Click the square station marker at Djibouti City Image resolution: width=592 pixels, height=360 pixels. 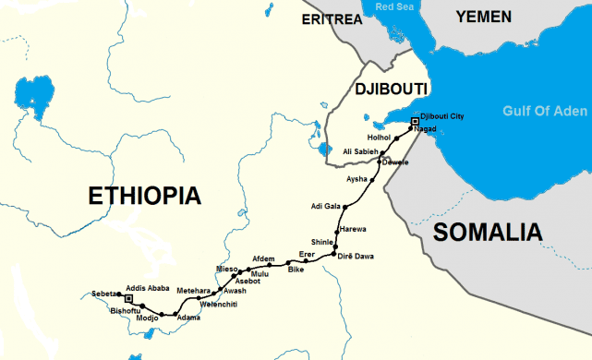point(415,121)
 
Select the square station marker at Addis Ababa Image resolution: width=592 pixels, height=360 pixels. point(128,299)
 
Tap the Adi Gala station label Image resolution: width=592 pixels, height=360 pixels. point(329,206)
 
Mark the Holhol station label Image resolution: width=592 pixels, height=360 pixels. point(380,137)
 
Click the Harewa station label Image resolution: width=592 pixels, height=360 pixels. point(354,228)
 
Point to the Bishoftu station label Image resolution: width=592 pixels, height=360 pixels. point(126,311)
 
